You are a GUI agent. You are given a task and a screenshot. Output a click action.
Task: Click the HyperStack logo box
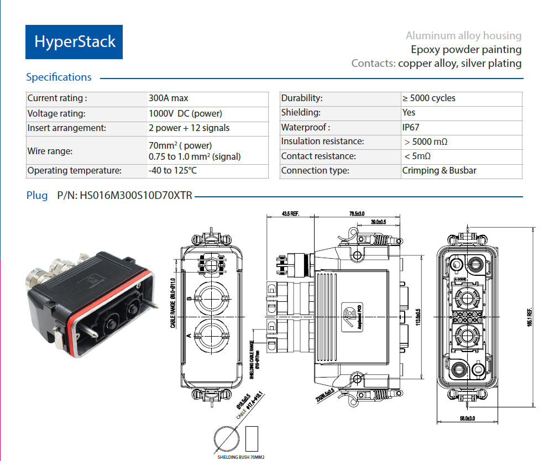tap(74, 42)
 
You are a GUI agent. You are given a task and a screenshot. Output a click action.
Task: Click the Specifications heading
tap(59, 77)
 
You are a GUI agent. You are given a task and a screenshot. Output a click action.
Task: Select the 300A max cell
tap(169, 98)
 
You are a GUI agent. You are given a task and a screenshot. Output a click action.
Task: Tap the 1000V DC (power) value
tap(185, 113)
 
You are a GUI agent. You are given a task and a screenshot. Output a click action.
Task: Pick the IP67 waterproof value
tap(410, 127)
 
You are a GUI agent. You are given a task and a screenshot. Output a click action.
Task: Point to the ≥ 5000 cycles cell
tap(429, 98)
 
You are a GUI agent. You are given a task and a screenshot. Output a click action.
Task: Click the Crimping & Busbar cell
tap(439, 170)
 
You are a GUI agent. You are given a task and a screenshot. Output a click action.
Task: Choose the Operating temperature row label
tap(75, 170)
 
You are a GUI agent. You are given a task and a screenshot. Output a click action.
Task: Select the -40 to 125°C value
tap(172, 170)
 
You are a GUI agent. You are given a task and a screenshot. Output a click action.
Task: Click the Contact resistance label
tap(318, 156)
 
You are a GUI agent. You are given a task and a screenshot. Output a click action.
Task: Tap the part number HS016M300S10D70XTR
tap(136, 196)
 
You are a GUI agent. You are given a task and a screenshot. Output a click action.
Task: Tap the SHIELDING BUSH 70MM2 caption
tap(241, 457)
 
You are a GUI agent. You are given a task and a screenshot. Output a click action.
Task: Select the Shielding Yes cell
tap(409, 113)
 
